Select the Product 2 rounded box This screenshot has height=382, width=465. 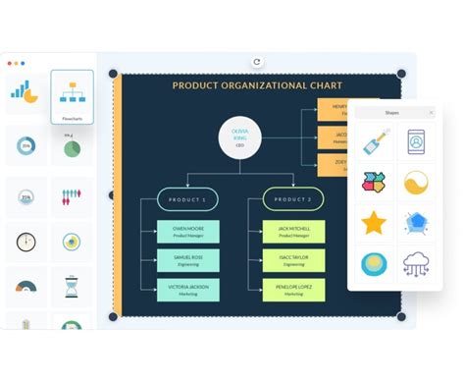[x=293, y=199]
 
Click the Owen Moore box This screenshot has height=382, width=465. [x=187, y=232]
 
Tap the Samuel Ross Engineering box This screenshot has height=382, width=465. [x=187, y=260]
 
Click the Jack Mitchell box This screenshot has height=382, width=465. [x=293, y=232]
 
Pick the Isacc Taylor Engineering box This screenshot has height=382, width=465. [x=293, y=260]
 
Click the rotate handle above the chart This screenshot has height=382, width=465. [x=257, y=61]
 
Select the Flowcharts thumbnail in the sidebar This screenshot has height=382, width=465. [x=72, y=97]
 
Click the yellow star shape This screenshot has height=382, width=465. [x=373, y=223]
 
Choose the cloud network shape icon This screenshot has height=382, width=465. [x=416, y=265]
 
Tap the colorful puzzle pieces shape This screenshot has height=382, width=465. [x=373, y=183]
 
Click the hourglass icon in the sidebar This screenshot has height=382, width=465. [x=71, y=288]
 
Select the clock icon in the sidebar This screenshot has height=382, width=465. [x=26, y=242]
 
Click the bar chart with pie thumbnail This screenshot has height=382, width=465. [x=24, y=91]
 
